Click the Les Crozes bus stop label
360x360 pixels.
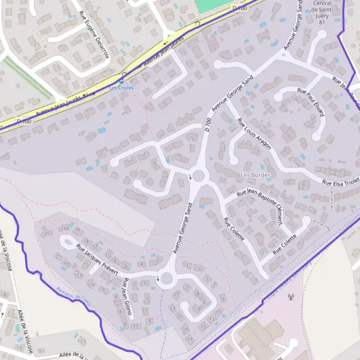coord(122,88)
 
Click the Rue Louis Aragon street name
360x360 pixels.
coord(254,133)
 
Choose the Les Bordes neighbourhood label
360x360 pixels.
coord(256,175)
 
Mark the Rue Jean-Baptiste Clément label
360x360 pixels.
coord(260,205)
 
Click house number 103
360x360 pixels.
coord(82,341)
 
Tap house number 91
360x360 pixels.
coord(41,350)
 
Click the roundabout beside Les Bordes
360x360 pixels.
coord(199,176)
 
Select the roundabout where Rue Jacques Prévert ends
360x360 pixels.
coord(166,278)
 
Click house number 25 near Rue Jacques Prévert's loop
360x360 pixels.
coord(47,232)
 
